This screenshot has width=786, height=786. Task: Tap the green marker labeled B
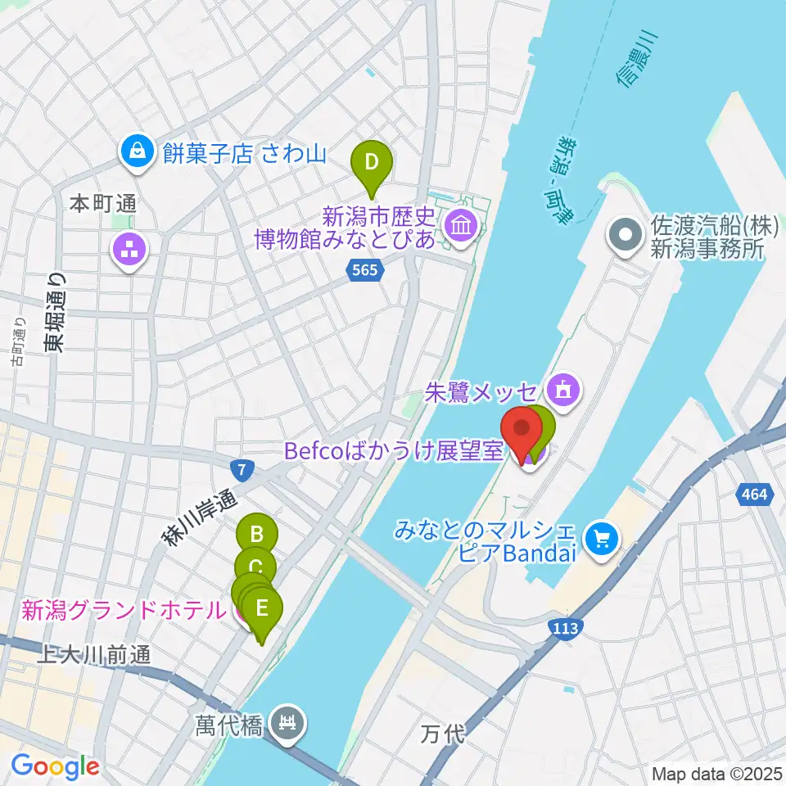pyautogui.click(x=257, y=535)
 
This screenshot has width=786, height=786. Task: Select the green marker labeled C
pyautogui.click(x=255, y=566)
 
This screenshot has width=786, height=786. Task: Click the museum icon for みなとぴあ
pyautogui.click(x=459, y=224)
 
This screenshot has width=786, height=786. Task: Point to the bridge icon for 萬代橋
pyautogui.click(x=289, y=722)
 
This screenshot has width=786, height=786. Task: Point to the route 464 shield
pyautogui.click(x=756, y=493)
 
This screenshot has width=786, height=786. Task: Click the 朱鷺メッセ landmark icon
pyautogui.click(x=562, y=387)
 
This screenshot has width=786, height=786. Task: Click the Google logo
pyautogui.click(x=55, y=767)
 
